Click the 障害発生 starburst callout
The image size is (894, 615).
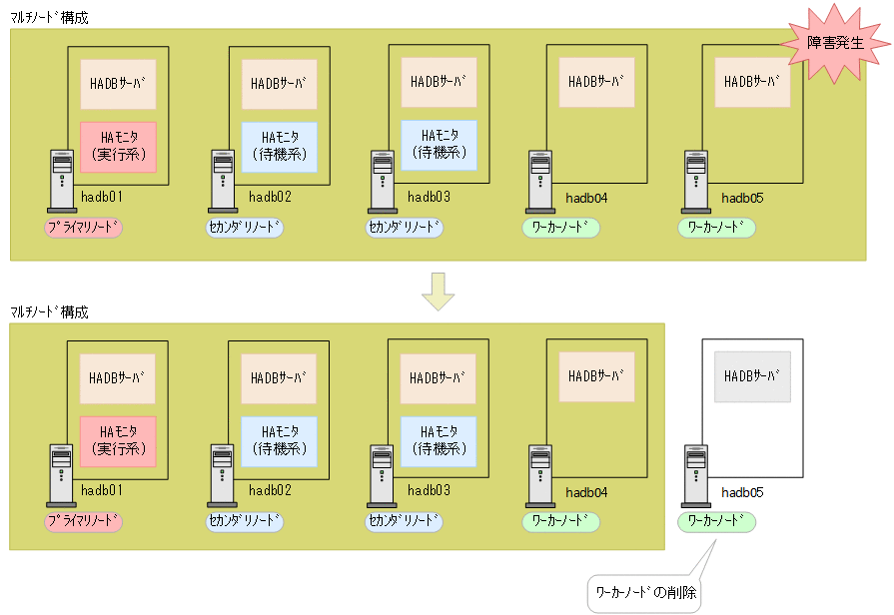click(x=834, y=44)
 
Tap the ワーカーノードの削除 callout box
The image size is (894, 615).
click(x=645, y=593)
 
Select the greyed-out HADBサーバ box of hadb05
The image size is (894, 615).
click(x=752, y=377)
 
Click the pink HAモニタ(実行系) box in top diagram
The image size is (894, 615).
click(x=118, y=146)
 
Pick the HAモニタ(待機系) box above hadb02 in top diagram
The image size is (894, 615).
click(x=279, y=146)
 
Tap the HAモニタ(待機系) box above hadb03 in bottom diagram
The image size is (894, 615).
click(x=439, y=440)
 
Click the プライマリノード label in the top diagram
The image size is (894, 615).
click(x=83, y=228)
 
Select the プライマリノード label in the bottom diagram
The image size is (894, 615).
click(x=83, y=521)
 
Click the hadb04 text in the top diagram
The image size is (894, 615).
click(x=587, y=198)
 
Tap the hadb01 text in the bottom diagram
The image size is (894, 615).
click(x=102, y=490)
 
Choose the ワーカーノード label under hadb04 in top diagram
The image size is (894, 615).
click(x=560, y=228)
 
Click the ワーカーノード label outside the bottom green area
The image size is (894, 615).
click(x=716, y=521)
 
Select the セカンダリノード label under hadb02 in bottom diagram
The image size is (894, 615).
click(x=245, y=521)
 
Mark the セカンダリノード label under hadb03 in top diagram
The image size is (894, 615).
click(x=404, y=228)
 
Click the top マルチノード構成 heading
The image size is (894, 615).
click(x=49, y=18)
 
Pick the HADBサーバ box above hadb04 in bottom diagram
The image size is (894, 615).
click(x=596, y=376)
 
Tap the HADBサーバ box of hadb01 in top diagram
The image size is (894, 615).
click(x=118, y=84)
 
